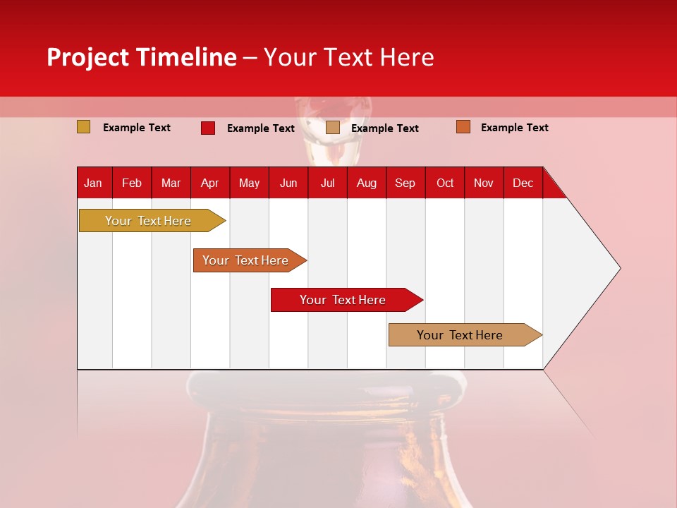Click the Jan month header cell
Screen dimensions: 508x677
(x=93, y=183)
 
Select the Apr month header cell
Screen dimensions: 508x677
(x=210, y=183)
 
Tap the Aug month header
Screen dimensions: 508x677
(x=367, y=183)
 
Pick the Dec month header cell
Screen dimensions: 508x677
(x=523, y=183)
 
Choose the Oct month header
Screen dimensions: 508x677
(x=445, y=183)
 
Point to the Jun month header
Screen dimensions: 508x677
(x=288, y=183)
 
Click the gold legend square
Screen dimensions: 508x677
(x=84, y=127)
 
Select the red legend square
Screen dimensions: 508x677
(x=208, y=128)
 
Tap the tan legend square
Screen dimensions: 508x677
(x=333, y=128)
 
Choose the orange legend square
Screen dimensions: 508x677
(x=463, y=127)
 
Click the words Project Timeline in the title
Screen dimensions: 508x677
(x=141, y=57)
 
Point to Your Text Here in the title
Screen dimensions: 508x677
(x=348, y=57)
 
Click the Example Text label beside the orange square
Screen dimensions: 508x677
(x=514, y=128)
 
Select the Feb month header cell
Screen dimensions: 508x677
(x=132, y=183)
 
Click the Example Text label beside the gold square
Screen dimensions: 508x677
(x=137, y=128)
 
